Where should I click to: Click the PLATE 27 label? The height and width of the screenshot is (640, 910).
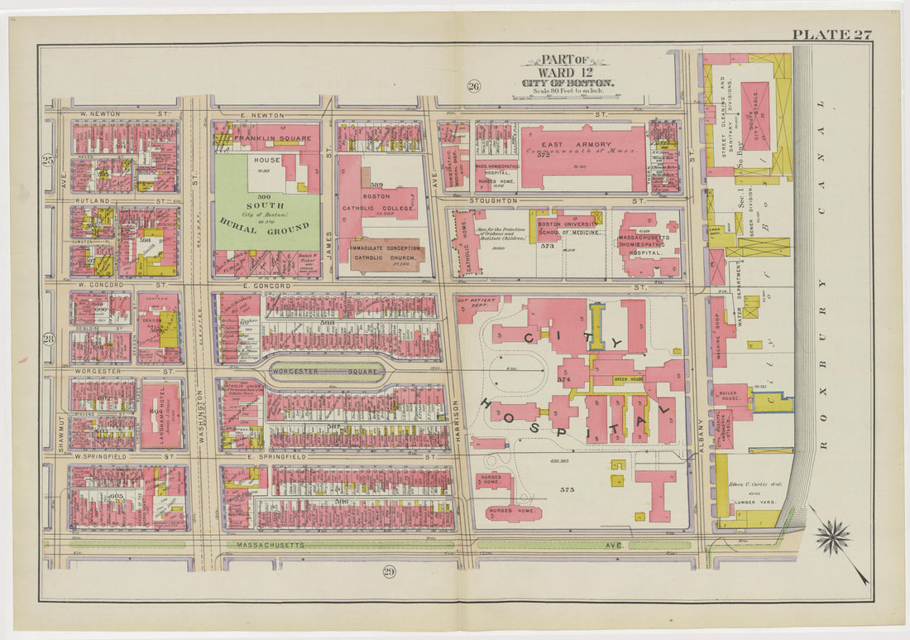click(x=831, y=34)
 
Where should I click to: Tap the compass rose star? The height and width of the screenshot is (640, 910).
click(x=833, y=537)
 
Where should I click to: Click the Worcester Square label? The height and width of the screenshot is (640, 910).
click(x=325, y=372)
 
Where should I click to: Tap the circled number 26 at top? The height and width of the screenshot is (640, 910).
click(x=474, y=86)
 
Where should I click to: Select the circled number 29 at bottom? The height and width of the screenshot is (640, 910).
click(x=389, y=571)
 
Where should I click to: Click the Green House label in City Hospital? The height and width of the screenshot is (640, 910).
click(x=629, y=379)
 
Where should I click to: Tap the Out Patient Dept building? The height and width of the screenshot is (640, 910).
click(x=474, y=305)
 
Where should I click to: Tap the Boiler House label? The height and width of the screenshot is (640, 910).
click(x=729, y=397)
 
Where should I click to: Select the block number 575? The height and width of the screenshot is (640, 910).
click(x=567, y=490)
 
